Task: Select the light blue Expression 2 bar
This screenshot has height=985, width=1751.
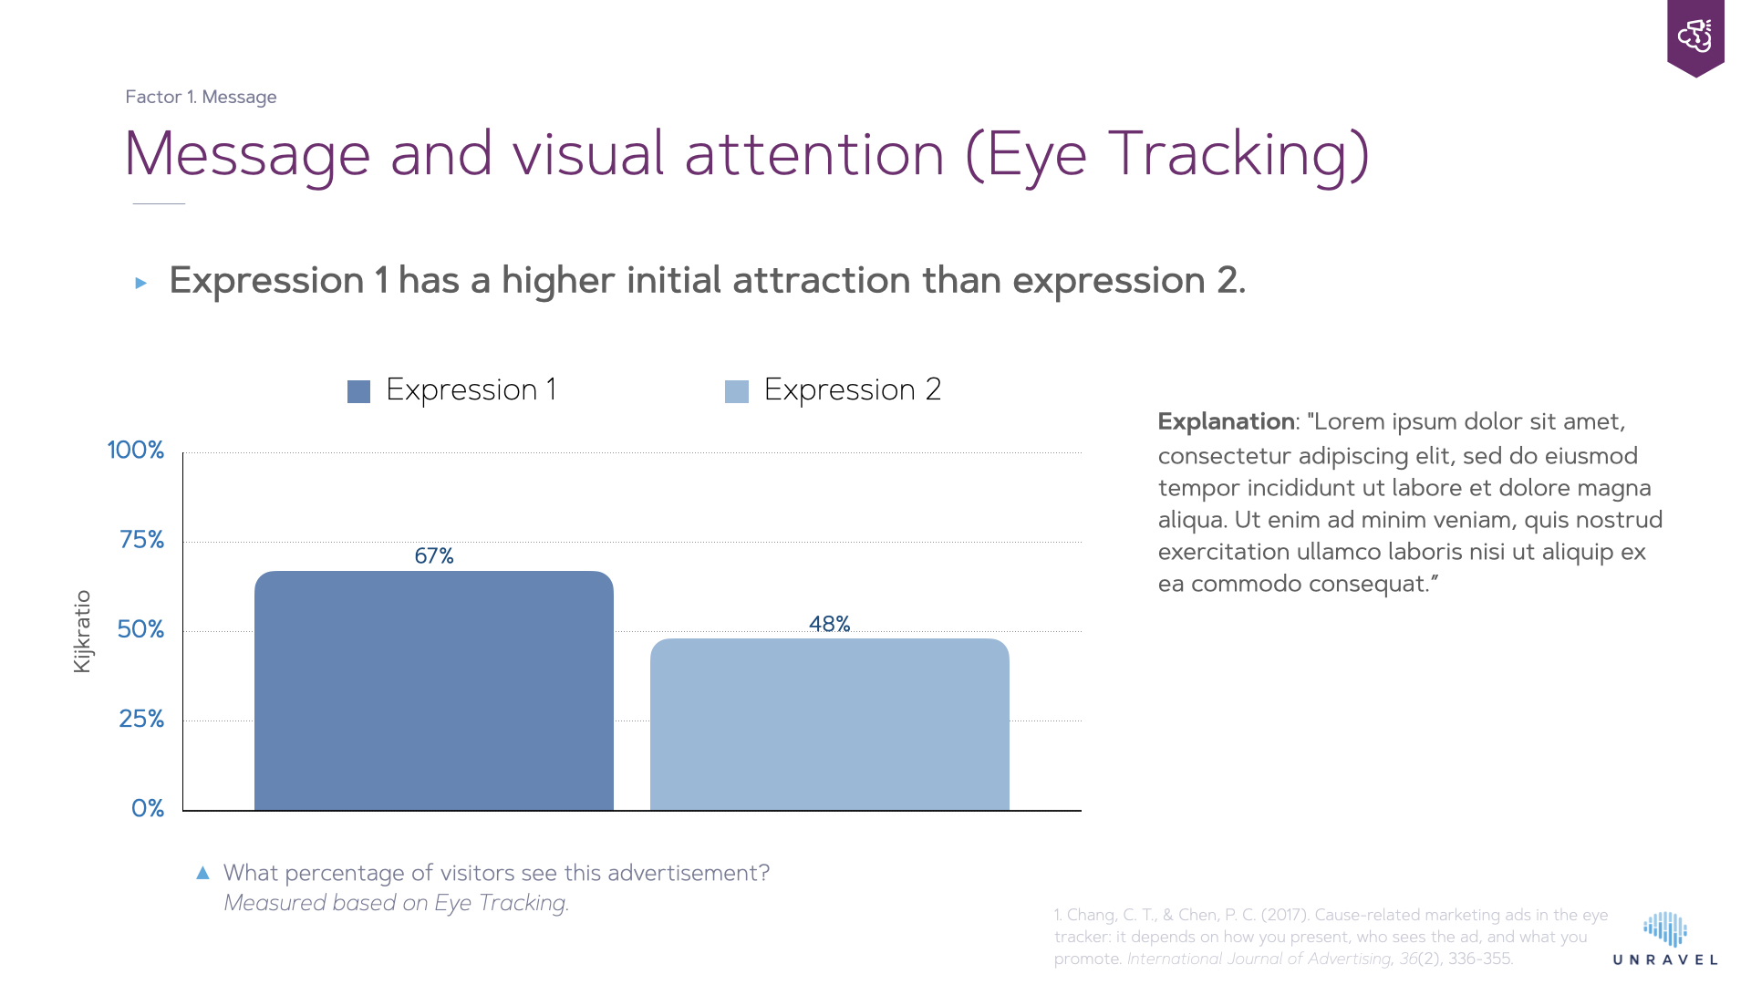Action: (x=829, y=724)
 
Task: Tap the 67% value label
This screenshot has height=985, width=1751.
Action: (x=433, y=555)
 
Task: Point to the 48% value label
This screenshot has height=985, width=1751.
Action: (x=829, y=624)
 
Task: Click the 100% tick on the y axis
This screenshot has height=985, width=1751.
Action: (x=135, y=450)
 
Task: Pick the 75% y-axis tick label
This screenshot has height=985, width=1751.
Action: (x=141, y=540)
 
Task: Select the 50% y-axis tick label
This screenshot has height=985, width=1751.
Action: (x=140, y=629)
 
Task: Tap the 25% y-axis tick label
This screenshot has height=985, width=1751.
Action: (x=141, y=719)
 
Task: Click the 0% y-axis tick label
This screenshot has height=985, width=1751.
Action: (x=147, y=808)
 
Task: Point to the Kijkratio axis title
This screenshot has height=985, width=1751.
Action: (x=82, y=631)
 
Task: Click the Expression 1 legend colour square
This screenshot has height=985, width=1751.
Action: (x=358, y=391)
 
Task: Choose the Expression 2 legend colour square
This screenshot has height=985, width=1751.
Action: (x=736, y=391)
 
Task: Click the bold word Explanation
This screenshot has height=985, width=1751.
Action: (x=1226, y=421)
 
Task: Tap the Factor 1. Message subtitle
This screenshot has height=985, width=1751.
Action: (x=201, y=97)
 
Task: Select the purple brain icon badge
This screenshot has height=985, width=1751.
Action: (x=1694, y=36)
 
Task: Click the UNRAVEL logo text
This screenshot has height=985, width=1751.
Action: (x=1665, y=959)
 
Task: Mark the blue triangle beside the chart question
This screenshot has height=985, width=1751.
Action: (x=202, y=873)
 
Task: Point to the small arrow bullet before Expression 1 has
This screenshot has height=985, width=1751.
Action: (x=140, y=283)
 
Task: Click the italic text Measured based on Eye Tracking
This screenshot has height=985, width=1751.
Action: (x=396, y=903)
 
